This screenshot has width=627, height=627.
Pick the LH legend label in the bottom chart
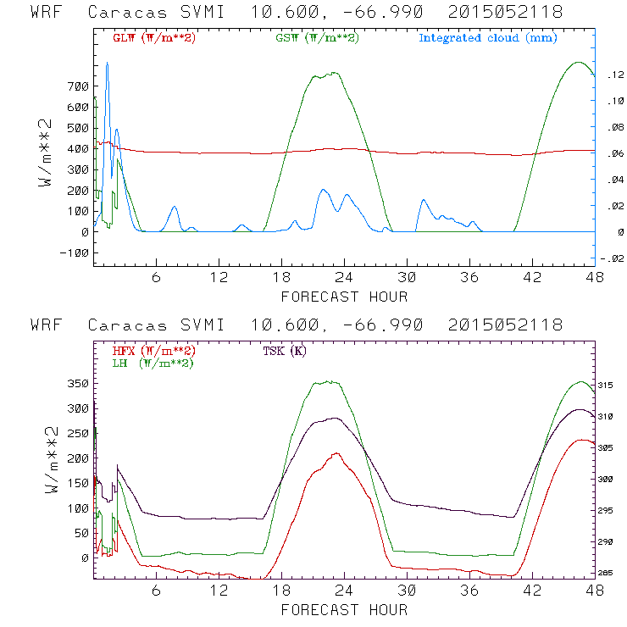coord(150,363)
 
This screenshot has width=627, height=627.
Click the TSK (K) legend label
coord(285,351)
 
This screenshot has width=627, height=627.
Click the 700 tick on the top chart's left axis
coord(54,86)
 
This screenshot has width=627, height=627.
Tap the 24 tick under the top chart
coord(344,278)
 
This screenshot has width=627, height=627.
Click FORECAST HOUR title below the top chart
coord(344,297)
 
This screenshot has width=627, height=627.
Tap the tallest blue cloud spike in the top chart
coord(107,64)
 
